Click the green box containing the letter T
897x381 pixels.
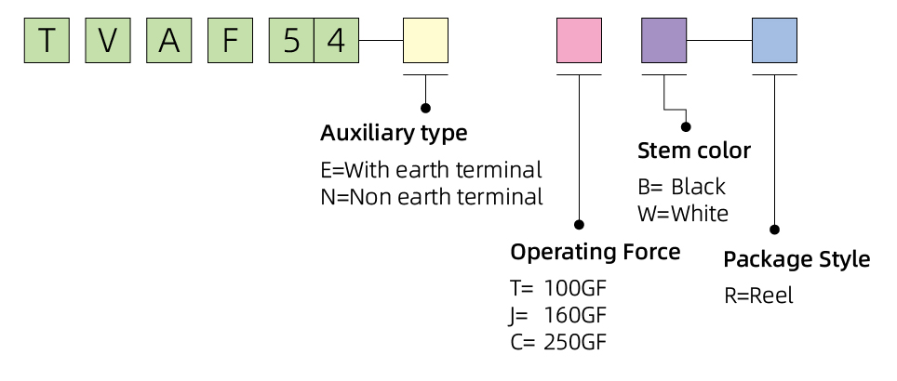pos(47,40)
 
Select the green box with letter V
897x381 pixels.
pos(108,40)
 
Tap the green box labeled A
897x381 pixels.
pos(169,40)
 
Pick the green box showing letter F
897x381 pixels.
pos(231,40)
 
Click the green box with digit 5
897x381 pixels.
pos(292,40)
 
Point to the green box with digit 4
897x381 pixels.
pos(337,40)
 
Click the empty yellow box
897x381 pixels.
pos(425,40)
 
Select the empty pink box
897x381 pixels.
pos(579,40)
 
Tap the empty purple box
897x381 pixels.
pos(664,40)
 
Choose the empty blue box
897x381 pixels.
pos(774,40)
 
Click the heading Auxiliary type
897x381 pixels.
pos(394,134)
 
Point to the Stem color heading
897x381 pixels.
pos(694,151)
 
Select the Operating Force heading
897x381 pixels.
pos(595,252)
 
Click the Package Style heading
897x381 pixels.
pos(797,259)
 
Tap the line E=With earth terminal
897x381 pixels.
pos(432,170)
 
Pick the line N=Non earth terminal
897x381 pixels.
pos(432,197)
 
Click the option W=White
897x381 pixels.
pos(683,214)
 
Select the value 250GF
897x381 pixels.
pos(574,342)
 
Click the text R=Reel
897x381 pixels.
pos(758,296)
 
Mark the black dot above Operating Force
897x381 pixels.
pos(579,225)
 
